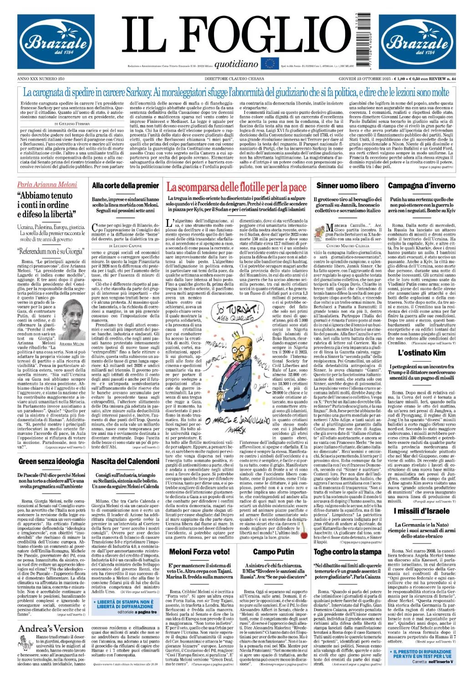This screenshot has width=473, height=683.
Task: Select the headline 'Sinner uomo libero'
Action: [x=347, y=186]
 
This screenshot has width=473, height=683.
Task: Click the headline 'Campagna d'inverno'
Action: [x=421, y=186]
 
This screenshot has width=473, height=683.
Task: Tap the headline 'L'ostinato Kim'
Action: [x=421, y=353]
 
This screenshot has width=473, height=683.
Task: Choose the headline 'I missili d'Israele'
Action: [x=421, y=511]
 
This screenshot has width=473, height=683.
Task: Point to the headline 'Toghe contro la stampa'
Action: [x=347, y=552]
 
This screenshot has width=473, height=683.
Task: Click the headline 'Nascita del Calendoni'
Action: [x=125, y=461]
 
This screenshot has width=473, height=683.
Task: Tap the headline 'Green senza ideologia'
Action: [x=51, y=461]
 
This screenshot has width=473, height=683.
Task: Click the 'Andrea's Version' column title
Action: [x=51, y=629]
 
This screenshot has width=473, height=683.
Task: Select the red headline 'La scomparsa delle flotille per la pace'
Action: [x=236, y=187]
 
